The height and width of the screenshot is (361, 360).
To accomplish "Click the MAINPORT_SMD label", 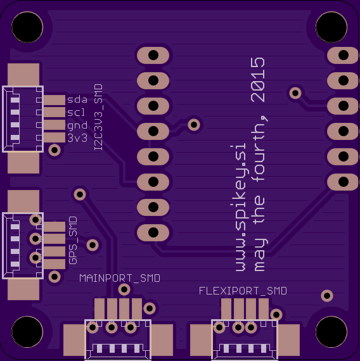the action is (120, 278).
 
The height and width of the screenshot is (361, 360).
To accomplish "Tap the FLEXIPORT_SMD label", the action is (243, 291).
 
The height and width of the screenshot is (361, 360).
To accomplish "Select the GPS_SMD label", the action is (73, 241).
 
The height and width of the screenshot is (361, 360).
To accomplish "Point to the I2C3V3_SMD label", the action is (98, 117).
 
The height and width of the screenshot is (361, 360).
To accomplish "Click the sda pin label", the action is (77, 99).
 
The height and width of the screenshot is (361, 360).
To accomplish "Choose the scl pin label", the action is (76, 112).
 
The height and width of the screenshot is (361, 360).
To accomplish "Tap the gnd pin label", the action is (77, 125).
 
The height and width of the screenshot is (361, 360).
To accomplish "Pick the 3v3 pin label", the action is (77, 138).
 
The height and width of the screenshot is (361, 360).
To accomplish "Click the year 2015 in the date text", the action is (258, 80).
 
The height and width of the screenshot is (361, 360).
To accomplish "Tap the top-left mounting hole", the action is (27, 27).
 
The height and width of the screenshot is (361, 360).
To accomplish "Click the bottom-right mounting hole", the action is (331, 331).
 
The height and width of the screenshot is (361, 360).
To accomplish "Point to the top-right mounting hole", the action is (331, 27).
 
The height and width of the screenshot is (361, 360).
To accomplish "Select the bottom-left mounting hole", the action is (27, 331).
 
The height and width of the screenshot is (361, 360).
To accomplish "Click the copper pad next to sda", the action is (55, 100).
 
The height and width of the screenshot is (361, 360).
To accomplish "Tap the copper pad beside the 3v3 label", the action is (55, 137).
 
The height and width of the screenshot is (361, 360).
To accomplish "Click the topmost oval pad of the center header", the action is (153, 55).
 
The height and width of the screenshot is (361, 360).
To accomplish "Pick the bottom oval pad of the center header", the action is (153, 232).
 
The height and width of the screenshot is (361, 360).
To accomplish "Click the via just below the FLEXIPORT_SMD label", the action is (276, 315).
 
